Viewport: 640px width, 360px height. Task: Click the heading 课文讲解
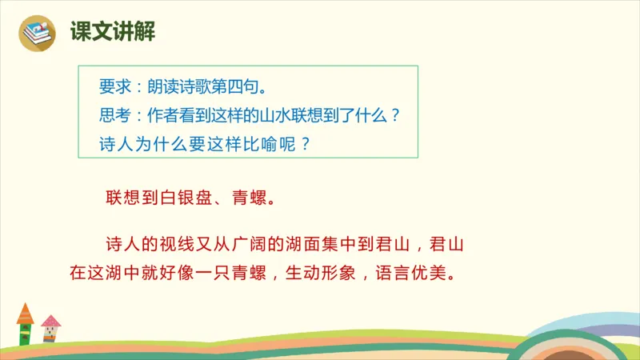(x=113, y=33)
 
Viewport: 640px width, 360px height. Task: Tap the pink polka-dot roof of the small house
(x=50, y=322)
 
